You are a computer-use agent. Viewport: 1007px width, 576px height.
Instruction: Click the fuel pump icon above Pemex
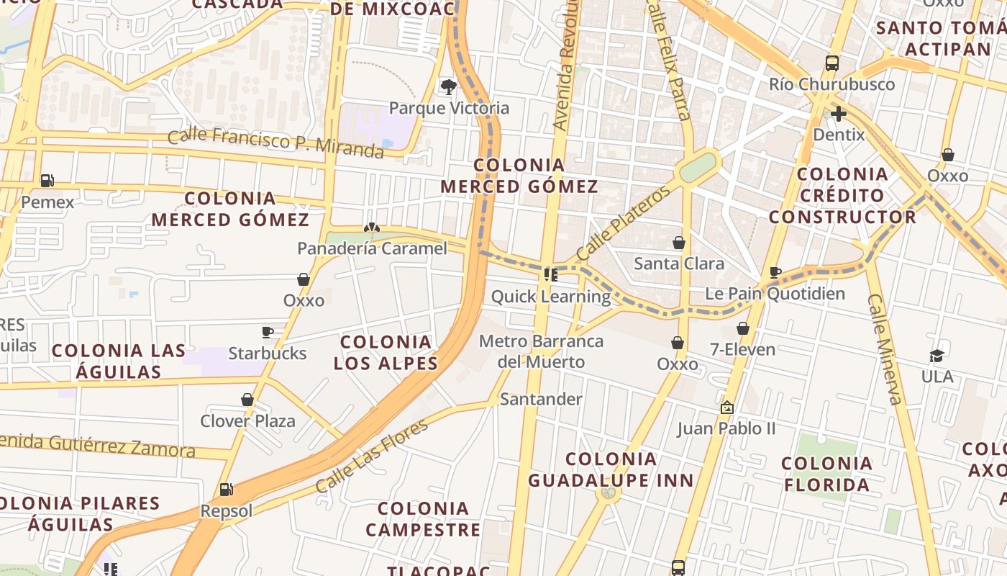[x=47, y=180]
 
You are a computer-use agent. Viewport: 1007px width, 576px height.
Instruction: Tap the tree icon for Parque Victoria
[x=449, y=87]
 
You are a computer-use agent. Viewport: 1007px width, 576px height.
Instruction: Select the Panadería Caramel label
[x=372, y=248]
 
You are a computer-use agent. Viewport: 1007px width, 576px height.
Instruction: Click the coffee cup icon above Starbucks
[x=268, y=332]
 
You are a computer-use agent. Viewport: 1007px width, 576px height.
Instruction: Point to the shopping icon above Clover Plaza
[x=247, y=400]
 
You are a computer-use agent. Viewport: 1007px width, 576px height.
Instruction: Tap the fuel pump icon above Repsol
[x=226, y=490]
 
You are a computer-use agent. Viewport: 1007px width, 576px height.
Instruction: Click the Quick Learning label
[x=550, y=296]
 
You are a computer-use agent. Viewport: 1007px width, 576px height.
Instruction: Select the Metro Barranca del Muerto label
[x=541, y=351]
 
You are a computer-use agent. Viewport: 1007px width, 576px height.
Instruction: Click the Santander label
[x=541, y=399]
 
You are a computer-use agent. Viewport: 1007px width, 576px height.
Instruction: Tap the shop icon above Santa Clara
[x=678, y=243]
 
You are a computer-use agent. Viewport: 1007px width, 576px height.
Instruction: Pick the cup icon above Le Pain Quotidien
[x=775, y=272]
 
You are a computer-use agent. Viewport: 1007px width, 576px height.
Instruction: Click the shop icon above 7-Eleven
[x=743, y=329]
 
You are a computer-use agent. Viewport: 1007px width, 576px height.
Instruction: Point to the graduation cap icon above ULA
[x=937, y=356]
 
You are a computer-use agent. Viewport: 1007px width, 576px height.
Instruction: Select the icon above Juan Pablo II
[x=726, y=408]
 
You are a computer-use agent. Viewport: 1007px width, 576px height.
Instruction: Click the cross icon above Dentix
[x=838, y=114]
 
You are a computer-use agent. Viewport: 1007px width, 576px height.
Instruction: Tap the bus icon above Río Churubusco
[x=832, y=63]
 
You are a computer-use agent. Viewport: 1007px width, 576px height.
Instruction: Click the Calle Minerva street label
[x=884, y=348]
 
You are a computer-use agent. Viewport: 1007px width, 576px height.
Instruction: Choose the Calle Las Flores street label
[x=371, y=456]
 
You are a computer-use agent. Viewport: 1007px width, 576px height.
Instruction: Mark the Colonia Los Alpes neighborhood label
[x=386, y=352]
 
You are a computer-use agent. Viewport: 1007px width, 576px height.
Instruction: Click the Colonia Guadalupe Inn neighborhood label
[x=611, y=469]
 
